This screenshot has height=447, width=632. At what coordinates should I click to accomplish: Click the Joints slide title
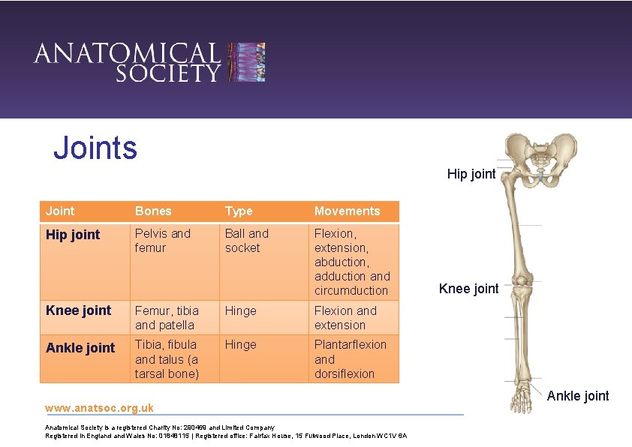coord(95,148)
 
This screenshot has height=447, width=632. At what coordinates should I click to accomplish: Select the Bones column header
coord(153,211)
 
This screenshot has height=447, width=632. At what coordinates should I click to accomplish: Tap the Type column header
coord(239,211)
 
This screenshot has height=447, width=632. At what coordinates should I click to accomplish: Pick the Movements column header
coord(347,211)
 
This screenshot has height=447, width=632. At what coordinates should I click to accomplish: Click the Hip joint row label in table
coord(73,235)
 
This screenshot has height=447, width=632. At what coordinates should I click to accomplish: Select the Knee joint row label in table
coord(78,310)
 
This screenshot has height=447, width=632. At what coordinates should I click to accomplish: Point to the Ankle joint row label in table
coord(80,348)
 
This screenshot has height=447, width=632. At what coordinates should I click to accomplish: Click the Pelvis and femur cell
coord(163,241)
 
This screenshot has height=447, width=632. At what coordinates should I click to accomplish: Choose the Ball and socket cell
coord(246,241)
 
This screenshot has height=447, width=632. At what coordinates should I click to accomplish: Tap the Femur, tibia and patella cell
coord(167,318)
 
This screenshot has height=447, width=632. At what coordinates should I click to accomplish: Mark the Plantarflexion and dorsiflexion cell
coord(350,358)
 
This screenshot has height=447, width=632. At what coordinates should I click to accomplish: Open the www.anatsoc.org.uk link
coord(99,408)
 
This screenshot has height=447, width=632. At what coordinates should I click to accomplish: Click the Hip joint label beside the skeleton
coord(471,174)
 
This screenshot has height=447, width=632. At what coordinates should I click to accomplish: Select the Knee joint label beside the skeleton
coord(468,289)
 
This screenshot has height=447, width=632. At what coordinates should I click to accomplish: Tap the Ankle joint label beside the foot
coord(578,395)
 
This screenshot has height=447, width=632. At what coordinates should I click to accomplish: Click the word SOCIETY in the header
coord(167,73)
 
